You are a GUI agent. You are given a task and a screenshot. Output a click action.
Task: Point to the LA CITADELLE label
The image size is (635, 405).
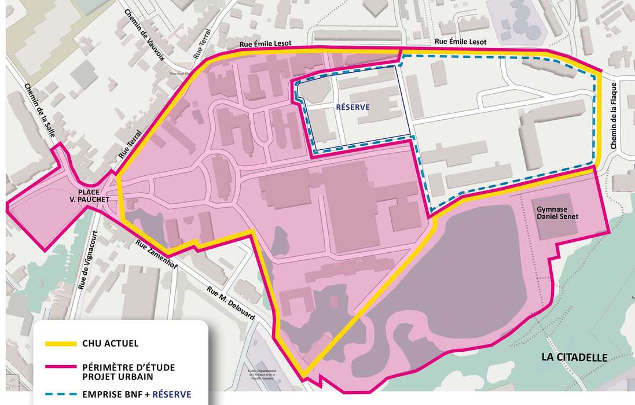click(574, 358)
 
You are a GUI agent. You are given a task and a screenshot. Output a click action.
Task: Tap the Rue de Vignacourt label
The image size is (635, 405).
click(87, 259)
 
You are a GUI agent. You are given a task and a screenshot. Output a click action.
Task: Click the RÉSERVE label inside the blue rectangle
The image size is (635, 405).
click(353, 107)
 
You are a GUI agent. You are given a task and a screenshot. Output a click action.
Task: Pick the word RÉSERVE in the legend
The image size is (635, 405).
click(172, 395)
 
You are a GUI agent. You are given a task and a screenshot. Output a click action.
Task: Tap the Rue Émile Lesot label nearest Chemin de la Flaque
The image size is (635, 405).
click(460, 42)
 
